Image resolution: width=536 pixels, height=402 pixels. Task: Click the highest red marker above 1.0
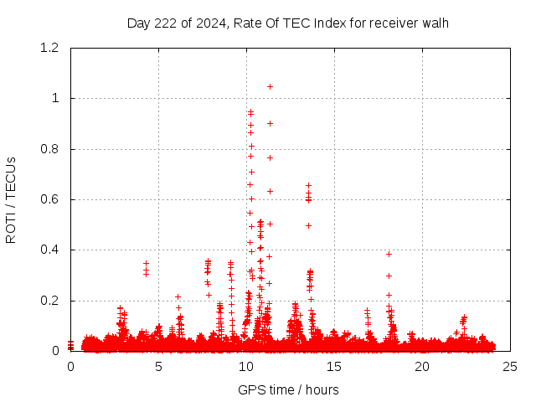270,86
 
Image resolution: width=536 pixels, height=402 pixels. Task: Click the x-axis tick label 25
510,367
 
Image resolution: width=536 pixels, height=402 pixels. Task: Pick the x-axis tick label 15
334,367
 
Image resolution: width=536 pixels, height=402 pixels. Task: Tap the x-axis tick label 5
158,367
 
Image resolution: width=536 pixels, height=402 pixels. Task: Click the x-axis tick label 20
422,367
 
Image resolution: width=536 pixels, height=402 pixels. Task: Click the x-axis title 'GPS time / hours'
288,389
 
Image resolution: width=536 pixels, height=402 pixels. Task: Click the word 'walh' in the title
435,23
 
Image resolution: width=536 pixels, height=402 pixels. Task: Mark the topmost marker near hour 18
389,254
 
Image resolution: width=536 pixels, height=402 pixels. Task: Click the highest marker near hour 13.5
308,185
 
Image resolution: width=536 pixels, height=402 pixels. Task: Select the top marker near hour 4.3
146,263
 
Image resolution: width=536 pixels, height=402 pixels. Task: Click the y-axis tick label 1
56,98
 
